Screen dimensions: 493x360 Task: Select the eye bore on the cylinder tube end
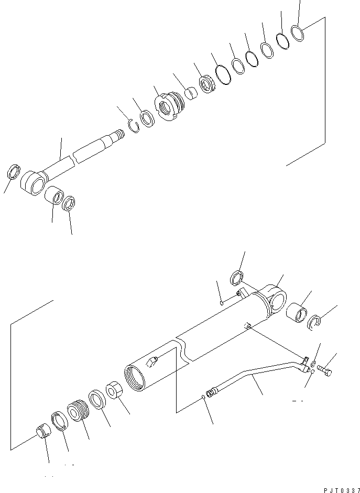point(278,302)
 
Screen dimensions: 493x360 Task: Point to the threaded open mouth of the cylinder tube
point(135,377)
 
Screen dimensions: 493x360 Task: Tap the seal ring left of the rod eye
point(13,172)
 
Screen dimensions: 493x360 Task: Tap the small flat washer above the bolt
point(313,363)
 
